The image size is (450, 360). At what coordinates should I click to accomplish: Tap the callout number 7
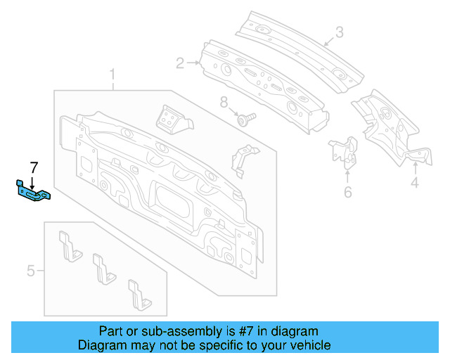coord(32,167)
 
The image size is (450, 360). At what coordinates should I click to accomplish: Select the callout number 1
coord(111,75)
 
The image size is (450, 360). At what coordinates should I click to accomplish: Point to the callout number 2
coord(180,64)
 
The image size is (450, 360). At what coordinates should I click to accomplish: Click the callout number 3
coord(339,32)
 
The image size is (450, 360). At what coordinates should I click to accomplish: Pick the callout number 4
coord(415,184)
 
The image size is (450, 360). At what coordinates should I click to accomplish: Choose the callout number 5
coord(31,270)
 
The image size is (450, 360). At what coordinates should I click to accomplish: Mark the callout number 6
coord(347,193)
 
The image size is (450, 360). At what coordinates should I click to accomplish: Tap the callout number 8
coord(224,103)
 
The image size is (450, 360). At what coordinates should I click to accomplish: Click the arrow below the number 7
coord(32,179)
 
